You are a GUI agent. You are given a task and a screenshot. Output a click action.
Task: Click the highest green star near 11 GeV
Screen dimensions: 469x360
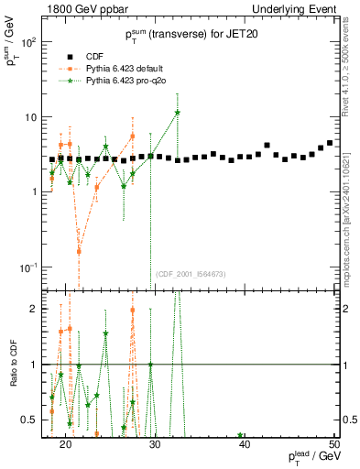[178, 113]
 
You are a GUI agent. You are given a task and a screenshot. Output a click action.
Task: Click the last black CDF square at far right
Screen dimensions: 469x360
[330, 143]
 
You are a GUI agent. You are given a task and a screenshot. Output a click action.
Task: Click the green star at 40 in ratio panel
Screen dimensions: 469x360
[241, 435]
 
